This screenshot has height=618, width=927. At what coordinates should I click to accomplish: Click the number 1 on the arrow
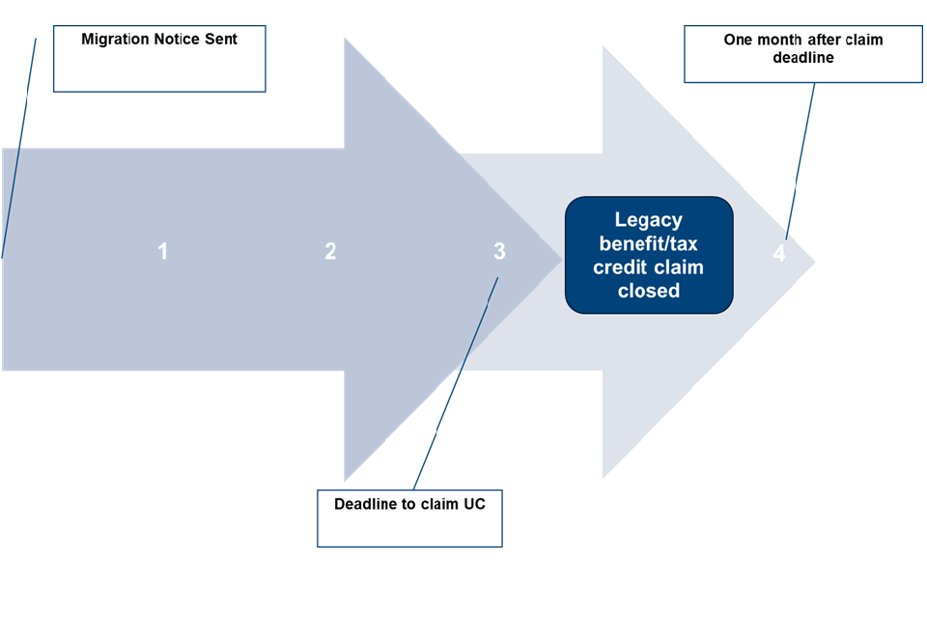(x=163, y=252)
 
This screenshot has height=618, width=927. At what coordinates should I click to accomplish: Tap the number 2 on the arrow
(x=330, y=252)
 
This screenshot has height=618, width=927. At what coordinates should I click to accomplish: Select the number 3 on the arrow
(x=499, y=252)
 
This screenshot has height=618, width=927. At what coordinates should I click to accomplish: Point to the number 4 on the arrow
(x=779, y=254)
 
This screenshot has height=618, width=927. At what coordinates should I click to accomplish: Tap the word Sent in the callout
(x=222, y=40)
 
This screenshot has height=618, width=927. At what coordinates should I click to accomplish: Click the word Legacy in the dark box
(x=649, y=220)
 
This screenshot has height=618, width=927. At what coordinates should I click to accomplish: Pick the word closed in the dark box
(x=649, y=290)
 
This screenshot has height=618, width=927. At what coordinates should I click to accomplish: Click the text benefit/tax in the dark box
(x=649, y=243)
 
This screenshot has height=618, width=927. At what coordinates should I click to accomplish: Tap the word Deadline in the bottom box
(x=370, y=504)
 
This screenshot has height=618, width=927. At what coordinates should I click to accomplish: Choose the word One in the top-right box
(x=739, y=40)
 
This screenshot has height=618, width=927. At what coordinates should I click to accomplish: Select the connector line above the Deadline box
(x=454, y=386)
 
